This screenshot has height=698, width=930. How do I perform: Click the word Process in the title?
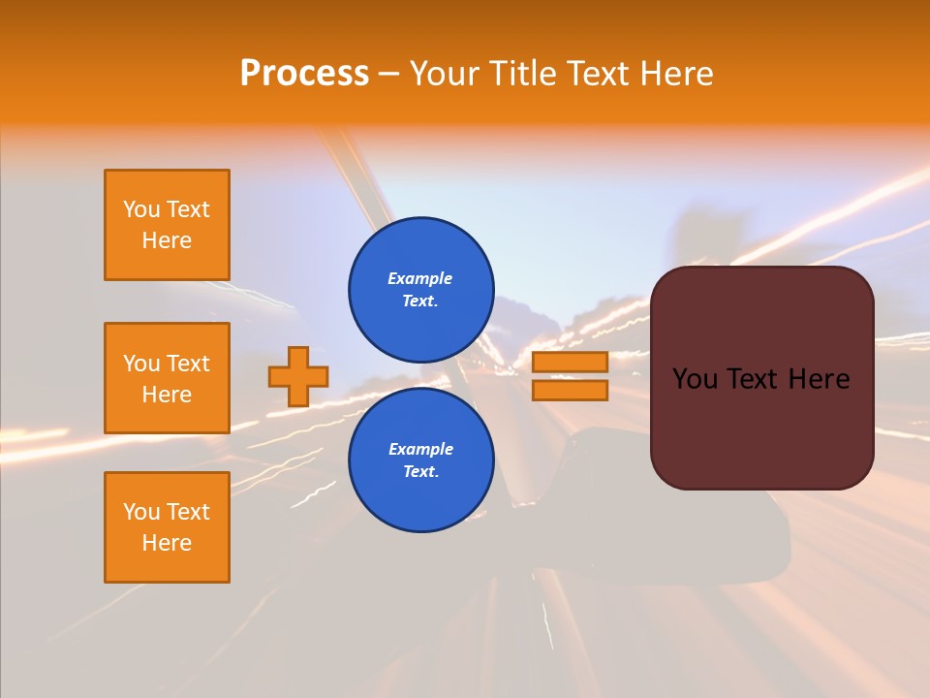tap(304, 74)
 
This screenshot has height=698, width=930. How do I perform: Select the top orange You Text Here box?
tap(167, 225)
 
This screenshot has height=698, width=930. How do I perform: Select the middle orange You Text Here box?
tap(167, 378)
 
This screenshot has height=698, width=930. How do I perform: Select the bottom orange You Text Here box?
tap(167, 527)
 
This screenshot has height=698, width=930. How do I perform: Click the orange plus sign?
tap(298, 376)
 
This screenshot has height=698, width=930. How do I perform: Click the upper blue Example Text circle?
tap(420, 289)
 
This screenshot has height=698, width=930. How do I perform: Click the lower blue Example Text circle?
tap(420, 460)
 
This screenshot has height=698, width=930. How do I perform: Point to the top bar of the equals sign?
tap(570, 362)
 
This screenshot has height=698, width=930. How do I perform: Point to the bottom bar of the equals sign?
tap(570, 391)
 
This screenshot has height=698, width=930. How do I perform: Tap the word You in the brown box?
tap(695, 379)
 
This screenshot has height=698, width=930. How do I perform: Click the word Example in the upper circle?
tap(420, 278)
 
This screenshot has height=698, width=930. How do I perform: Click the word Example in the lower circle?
tap(420, 449)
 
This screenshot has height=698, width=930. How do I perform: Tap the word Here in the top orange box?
tap(167, 240)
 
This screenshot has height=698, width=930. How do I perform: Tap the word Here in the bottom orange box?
tap(167, 543)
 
